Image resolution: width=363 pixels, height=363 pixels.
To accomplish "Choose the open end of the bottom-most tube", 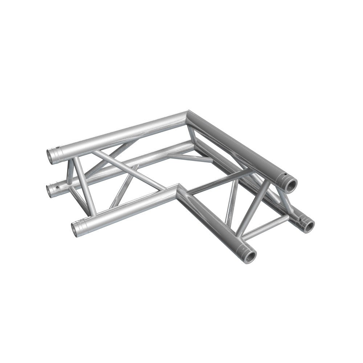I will click(250, 256).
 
